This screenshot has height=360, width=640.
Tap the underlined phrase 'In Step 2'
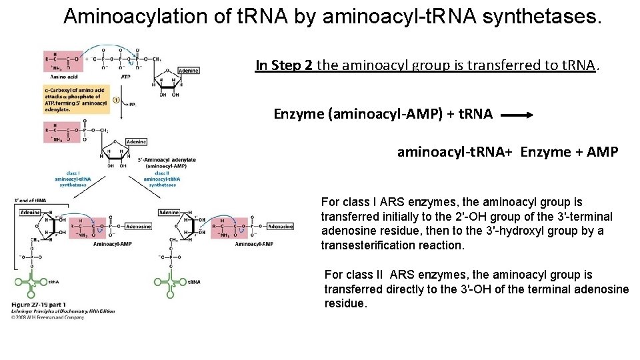pyautogui.click(x=285, y=65)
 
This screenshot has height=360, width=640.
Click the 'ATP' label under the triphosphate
pyautogui.click(x=125, y=77)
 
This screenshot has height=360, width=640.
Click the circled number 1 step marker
pyautogui.click(x=116, y=101)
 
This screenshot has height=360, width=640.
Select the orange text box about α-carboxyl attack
pyautogui.click(x=67, y=100)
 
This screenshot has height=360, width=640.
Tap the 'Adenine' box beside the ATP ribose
pyautogui.click(x=188, y=71)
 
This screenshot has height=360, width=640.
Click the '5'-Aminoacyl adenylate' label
pyautogui.click(x=167, y=160)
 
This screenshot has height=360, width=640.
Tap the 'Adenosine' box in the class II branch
pyautogui.click(x=279, y=227)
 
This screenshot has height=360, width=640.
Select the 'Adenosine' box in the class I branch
pyautogui.click(x=138, y=227)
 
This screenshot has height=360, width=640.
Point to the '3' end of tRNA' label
pyautogui.click(x=31, y=200)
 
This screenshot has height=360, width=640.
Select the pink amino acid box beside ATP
pyautogui.click(x=63, y=61)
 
